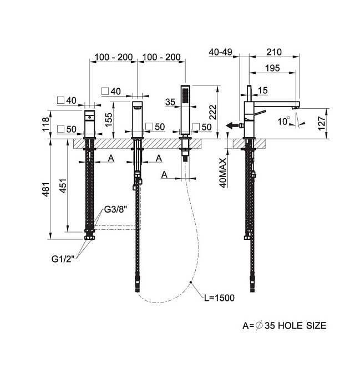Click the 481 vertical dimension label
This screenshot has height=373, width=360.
point(47,189)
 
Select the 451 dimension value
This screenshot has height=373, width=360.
point(63,186)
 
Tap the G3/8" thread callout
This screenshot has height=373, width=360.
point(115,210)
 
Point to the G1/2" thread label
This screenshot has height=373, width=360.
point(63,259)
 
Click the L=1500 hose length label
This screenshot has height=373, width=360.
point(220,298)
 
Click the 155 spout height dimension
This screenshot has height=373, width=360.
point(108,120)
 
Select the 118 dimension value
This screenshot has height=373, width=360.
point(45,124)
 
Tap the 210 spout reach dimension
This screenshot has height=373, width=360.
point(274,52)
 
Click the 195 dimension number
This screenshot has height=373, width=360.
point(272,68)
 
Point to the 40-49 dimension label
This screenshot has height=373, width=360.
point(220,52)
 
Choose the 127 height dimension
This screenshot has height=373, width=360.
point(322,123)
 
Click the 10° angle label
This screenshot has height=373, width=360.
point(284,122)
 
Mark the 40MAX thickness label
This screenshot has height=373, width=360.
point(224,173)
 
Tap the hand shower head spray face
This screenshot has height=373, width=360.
point(185,95)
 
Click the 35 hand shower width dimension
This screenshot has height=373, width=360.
point(170,102)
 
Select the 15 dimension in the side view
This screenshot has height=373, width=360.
point(263,90)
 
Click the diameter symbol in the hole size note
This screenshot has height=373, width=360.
point(259,325)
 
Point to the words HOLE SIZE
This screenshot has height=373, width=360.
point(302,325)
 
